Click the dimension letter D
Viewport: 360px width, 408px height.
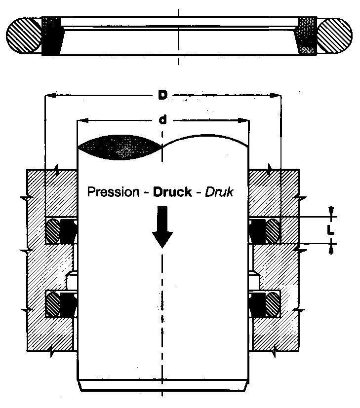point(162,95)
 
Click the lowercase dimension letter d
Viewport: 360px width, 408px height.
point(162,120)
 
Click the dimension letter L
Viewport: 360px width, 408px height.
point(330,230)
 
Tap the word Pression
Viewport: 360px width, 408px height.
point(114,192)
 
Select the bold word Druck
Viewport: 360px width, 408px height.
point(172,192)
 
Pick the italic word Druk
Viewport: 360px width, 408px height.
point(219,192)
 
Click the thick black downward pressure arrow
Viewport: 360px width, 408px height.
point(162,227)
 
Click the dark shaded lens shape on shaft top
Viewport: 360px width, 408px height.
point(120,148)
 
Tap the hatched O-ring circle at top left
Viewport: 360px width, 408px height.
point(24,36)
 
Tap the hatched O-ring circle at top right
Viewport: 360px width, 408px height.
point(335,36)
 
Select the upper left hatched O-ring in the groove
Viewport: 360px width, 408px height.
point(53,231)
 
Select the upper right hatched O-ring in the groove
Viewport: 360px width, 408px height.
point(273,231)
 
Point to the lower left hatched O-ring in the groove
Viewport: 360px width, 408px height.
point(53,304)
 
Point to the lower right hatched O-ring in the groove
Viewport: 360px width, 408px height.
point(273,304)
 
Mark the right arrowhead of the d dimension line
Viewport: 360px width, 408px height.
point(243,120)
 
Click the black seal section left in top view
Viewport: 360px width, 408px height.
point(52,36)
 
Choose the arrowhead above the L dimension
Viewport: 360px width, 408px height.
point(331,211)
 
